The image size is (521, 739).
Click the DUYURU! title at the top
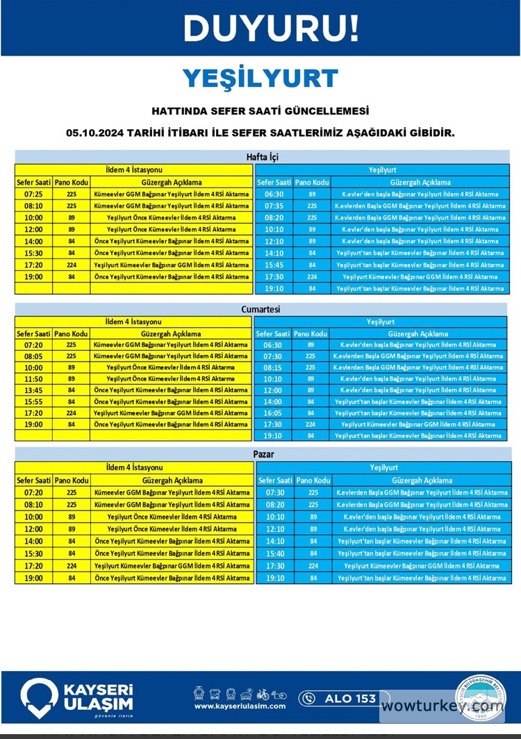(272, 28)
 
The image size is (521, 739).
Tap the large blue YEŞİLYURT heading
(260, 78)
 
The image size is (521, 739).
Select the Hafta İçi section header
(263, 157)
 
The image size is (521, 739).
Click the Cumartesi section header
(263, 309)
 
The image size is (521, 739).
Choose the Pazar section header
(263, 455)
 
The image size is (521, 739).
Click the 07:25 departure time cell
(33, 194)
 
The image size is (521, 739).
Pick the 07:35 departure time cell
(274, 206)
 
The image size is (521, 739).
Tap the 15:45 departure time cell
(274, 265)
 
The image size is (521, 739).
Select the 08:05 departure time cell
(33, 356)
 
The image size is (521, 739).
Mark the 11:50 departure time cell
(33, 379)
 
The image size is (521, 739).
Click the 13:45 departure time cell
(33, 390)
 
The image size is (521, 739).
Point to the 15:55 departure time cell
(33, 402)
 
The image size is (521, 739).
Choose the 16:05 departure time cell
(273, 413)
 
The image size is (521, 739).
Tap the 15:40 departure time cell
(275, 554)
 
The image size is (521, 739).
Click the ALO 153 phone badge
(338, 698)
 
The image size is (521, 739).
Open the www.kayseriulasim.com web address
(240, 706)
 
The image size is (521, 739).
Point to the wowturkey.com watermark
(443, 706)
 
